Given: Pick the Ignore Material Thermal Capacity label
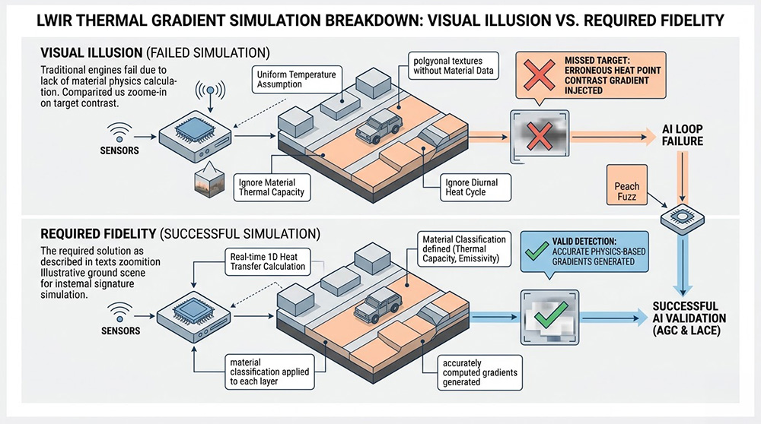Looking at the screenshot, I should [x=272, y=187].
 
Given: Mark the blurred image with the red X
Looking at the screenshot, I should [x=539, y=137].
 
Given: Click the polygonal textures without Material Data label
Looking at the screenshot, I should [x=454, y=66].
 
